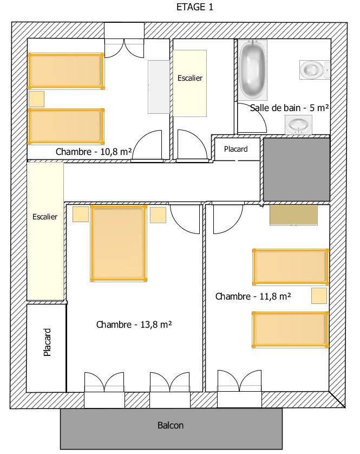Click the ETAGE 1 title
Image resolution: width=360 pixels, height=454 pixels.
(x=195, y=7)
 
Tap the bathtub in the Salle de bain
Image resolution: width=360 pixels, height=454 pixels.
(x=253, y=70)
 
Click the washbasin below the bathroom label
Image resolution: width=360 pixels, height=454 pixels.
(x=298, y=125)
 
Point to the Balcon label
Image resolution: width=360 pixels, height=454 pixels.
(x=171, y=425)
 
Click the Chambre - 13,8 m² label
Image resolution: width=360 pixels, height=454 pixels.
(x=134, y=325)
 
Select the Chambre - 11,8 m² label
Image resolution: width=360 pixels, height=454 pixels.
(x=253, y=296)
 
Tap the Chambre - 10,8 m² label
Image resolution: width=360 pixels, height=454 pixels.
(x=94, y=152)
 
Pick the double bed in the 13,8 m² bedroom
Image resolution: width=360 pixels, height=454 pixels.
(x=119, y=243)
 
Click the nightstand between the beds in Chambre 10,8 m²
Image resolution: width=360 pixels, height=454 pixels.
(x=36, y=99)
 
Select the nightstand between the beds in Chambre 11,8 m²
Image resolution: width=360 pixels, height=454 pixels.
(x=319, y=296)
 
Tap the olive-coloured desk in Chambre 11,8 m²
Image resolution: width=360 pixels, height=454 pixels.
(x=293, y=215)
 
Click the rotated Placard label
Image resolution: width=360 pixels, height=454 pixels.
(x=47, y=342)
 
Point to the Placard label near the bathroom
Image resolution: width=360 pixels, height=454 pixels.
(x=236, y=149)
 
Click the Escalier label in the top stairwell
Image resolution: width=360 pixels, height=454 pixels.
(x=190, y=78)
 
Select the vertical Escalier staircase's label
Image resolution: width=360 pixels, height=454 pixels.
(x=45, y=217)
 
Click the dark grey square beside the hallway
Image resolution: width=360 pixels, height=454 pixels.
(x=297, y=170)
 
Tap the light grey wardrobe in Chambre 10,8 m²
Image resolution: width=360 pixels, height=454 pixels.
(x=159, y=87)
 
